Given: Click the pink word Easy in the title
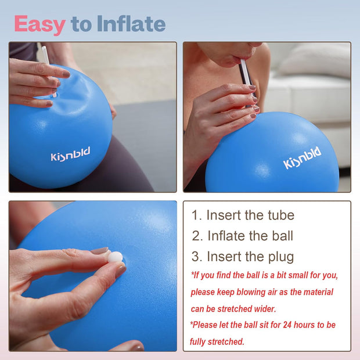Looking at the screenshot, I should pos(39,24).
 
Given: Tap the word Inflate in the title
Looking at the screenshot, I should pos(131,24).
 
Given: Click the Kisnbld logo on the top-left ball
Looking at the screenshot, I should pos(70,155).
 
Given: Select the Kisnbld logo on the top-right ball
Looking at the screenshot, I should pos(302,158).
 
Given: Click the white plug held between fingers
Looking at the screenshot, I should pos(116,257).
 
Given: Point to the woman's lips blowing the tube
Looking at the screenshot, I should pos(233,59).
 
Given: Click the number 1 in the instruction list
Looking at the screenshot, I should pos(196,215).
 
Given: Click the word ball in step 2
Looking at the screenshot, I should pos(279,236).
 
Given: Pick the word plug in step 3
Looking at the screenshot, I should pos(279,256).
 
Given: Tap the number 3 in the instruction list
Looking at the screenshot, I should pos(196,256).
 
